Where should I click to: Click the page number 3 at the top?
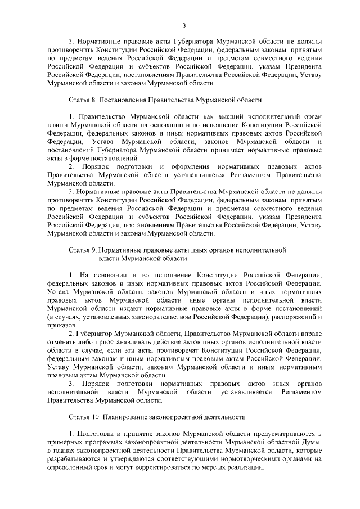(x=184, y=25)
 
